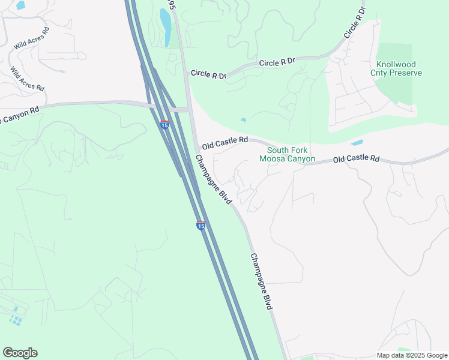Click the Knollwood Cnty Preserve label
[x=399, y=68]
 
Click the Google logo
[x=20, y=353]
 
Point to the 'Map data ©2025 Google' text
[x=412, y=355]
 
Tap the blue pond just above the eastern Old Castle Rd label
[x=357, y=143]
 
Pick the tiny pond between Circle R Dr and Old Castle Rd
[x=243, y=120]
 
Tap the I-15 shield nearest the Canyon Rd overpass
[x=164, y=124]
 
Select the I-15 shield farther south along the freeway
[x=201, y=225]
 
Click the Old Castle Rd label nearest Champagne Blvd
[x=224, y=143]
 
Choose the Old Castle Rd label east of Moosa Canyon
[x=357, y=159]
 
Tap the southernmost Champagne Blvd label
[x=262, y=281]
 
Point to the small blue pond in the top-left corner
[x=21, y=5]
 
